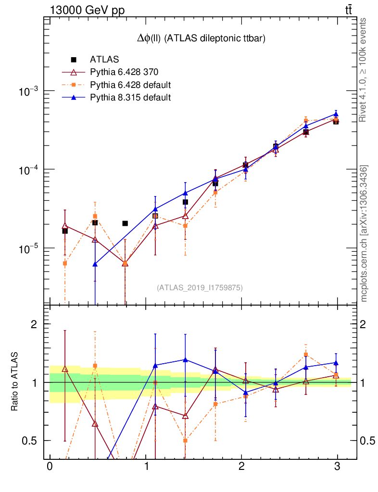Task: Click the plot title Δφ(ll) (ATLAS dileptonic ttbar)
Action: [201, 39]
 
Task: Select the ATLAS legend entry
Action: [104, 60]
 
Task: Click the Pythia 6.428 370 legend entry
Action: [124, 73]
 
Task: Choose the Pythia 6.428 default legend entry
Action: [130, 85]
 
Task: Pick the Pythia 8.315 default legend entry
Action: [130, 98]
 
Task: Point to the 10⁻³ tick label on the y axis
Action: [30, 91]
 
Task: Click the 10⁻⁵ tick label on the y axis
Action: [30, 248]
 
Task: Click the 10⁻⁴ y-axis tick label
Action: [30, 170]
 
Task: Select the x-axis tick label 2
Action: [241, 467]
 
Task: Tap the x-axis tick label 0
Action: [50, 467]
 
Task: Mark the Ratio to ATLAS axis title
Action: [15, 382]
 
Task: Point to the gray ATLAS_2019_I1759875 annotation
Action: [200, 288]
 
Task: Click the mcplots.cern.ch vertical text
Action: [364, 233]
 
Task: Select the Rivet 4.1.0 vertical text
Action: [364, 70]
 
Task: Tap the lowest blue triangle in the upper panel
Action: [95, 264]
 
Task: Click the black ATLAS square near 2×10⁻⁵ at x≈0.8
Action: [125, 223]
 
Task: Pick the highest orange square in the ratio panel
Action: [305, 355]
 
